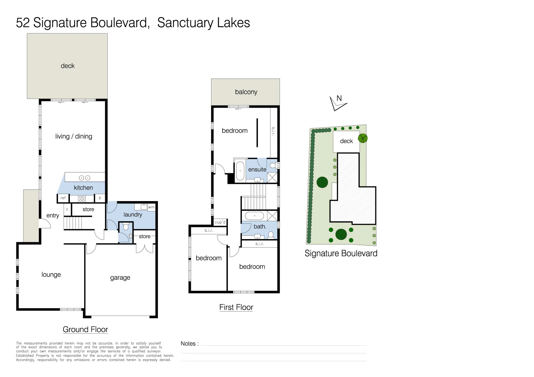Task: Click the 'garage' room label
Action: coord(120,278)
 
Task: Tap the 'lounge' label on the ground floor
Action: coord(51,275)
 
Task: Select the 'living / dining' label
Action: coord(74,136)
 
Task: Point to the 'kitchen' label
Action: coord(83,188)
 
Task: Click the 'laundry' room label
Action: coord(133,215)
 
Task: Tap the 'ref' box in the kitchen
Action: coord(63,198)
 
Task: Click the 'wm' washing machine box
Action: coord(151,207)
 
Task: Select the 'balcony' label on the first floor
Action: coord(246,92)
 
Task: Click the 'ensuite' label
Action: coord(257,170)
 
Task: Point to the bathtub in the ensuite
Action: coord(240,171)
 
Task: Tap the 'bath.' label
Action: coord(260,227)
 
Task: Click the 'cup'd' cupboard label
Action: coord(220,222)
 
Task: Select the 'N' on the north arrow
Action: coord(339,98)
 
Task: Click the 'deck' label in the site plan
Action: coord(346,141)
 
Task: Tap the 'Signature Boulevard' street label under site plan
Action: coord(341,253)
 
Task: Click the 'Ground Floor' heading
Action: coord(85,330)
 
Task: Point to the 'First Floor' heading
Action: coord(236,308)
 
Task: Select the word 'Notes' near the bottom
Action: coord(188,344)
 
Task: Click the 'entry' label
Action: coord(53,216)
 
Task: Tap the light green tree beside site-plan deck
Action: coord(363,139)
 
